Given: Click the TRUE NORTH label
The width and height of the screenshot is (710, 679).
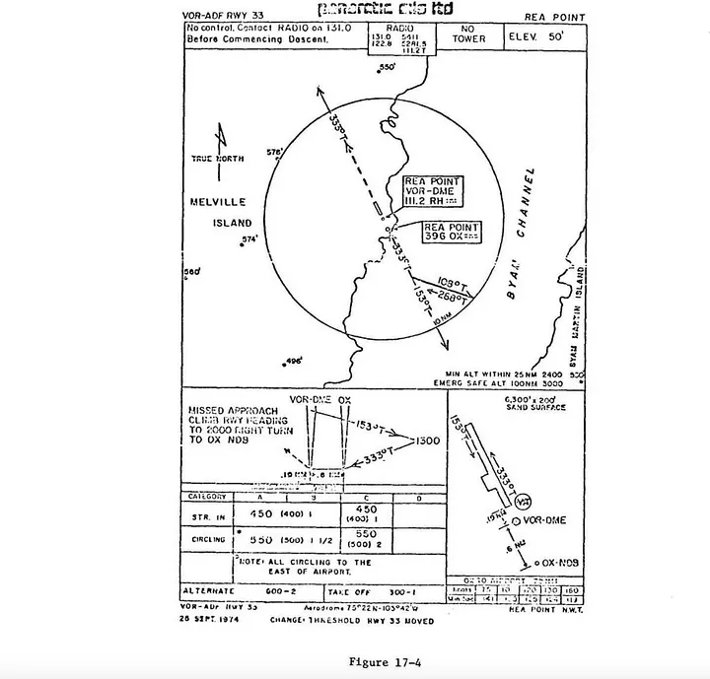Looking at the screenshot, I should pos(216,158).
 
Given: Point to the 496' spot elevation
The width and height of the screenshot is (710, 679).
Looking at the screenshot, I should pos(293,361).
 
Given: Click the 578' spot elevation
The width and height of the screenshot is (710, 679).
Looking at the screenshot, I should pos(275,152).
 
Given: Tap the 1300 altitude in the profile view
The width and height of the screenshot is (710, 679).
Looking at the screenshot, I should pos(429,441).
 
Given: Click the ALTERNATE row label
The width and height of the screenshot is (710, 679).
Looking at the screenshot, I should pos(212,590).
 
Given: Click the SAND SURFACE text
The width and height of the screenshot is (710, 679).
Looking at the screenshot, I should pos(536,406).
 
